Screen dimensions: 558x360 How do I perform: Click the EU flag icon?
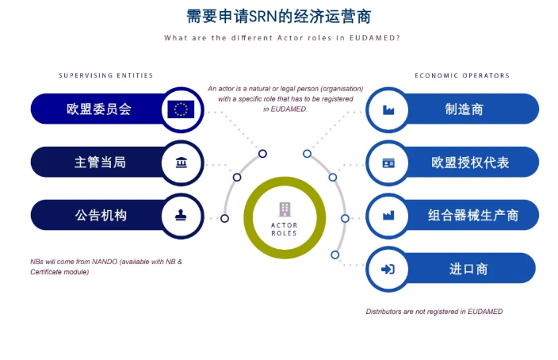click(181, 109)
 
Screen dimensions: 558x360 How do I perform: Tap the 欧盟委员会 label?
click(99, 109)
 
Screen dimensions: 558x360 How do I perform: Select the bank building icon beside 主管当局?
click(182, 163)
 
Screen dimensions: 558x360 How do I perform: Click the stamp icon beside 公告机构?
click(182, 215)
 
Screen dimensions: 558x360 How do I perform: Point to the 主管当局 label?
click(100, 163)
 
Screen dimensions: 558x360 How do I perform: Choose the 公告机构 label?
click(101, 215)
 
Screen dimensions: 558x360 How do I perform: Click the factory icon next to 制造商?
click(388, 109)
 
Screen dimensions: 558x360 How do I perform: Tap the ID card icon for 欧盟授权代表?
click(388, 163)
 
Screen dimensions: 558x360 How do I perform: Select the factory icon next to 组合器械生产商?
click(388, 216)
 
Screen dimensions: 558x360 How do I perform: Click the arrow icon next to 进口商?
click(388, 269)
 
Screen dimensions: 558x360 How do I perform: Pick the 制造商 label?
click(464, 109)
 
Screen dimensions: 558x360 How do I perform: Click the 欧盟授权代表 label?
click(470, 163)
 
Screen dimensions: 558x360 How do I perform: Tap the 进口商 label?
click(468, 269)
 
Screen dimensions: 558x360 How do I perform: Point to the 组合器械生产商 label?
click(473, 215)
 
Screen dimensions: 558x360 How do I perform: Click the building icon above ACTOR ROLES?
click(285, 209)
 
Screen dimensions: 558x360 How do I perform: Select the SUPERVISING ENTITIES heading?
click(106, 75)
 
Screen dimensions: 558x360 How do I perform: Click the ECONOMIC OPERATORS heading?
click(462, 75)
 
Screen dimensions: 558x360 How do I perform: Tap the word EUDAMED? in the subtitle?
click(375, 38)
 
